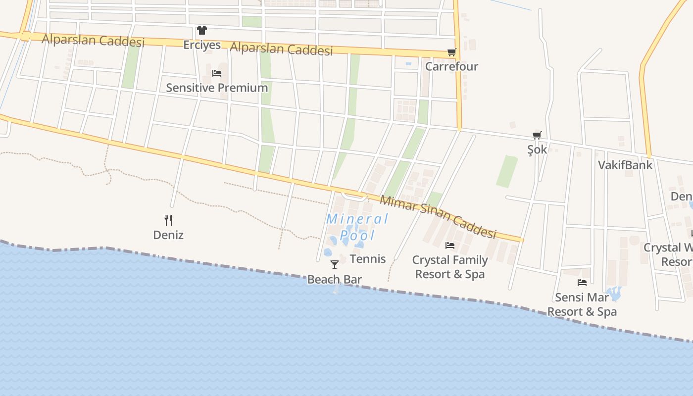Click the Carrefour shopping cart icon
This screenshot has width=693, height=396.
(451, 52)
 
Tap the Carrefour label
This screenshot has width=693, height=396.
(451, 66)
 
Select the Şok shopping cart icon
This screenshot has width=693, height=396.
(537, 135)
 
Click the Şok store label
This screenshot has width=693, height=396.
(537, 149)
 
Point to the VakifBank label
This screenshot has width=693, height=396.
(625, 165)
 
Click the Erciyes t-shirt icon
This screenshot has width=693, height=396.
(201, 30)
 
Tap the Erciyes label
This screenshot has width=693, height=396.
(202, 45)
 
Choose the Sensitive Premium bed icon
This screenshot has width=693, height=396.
(216, 73)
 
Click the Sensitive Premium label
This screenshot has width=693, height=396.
(217, 88)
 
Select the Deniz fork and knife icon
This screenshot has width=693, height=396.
(168, 220)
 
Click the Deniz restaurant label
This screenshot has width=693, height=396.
(168, 235)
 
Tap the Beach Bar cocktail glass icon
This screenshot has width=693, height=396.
(335, 265)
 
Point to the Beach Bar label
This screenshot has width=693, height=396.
(335, 279)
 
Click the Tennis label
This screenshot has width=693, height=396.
(368, 258)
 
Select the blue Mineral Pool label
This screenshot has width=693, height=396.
(357, 227)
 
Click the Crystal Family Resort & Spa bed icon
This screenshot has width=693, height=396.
(450, 245)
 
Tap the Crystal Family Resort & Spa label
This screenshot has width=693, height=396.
(450, 267)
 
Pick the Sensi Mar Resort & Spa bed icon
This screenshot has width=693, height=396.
(582, 283)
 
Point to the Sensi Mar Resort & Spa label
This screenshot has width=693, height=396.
(582, 304)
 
